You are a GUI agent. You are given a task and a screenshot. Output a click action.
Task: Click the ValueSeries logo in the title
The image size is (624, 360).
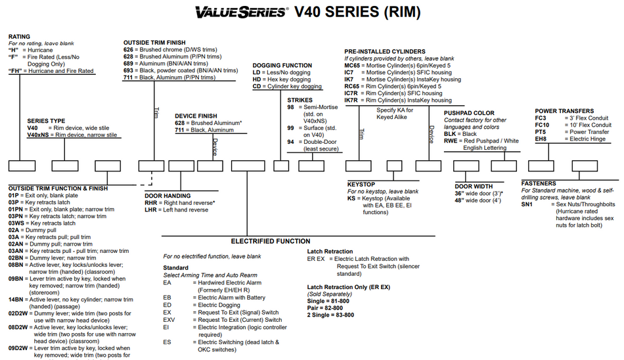point(241,12)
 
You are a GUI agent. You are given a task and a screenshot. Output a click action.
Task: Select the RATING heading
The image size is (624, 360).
point(19,37)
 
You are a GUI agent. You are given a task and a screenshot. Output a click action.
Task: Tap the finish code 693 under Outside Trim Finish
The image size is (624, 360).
point(128,70)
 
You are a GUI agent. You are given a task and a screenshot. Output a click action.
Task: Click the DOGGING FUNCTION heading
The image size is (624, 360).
point(282,65)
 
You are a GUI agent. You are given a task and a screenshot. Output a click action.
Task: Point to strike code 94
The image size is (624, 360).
point(290,142)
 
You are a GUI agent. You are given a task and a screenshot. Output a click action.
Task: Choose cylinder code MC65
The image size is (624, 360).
point(352,65)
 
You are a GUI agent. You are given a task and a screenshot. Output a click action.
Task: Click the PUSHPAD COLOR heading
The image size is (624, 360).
point(469,113)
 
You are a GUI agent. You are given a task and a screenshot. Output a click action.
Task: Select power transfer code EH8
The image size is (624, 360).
point(541,139)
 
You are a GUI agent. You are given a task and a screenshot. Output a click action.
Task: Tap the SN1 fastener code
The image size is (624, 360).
point(527,204)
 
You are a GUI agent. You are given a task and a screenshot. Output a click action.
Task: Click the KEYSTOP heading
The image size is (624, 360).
point(361,185)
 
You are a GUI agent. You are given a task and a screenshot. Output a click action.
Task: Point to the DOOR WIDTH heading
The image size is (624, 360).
point(474,187)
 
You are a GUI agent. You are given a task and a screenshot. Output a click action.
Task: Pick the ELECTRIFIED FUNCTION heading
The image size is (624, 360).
point(271,241)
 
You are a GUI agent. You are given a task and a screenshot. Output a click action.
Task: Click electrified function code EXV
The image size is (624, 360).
point(169,320)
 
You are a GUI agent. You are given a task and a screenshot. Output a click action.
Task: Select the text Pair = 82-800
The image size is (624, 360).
point(324,308)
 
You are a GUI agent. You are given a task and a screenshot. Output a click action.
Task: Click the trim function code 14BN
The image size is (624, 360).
point(16,300)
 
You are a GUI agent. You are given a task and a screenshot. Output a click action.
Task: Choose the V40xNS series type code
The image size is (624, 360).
point(38,135)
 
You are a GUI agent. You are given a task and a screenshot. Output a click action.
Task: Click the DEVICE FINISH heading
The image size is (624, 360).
point(196,116)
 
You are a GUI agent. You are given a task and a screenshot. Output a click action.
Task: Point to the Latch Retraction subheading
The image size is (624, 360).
point(330,252)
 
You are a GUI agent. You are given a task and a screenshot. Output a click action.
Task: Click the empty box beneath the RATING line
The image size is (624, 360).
point(22,166)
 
